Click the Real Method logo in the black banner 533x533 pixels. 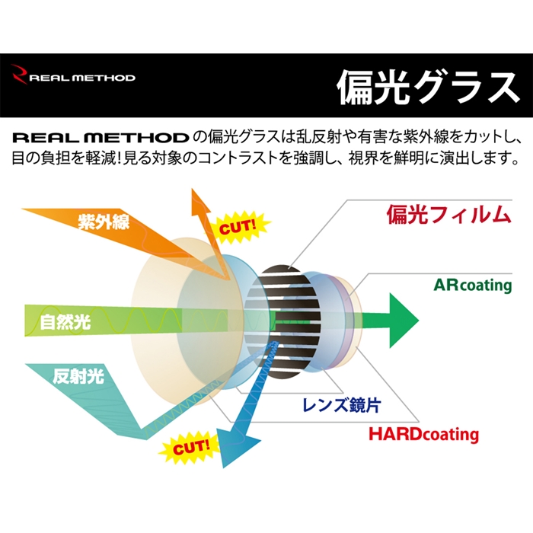[x=74, y=77]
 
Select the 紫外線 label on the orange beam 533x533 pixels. [x=103, y=222]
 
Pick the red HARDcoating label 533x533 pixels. [x=423, y=435]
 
